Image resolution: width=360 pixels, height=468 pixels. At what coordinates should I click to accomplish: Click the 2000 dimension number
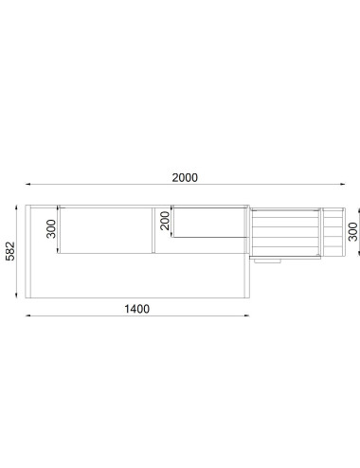pos(185,178)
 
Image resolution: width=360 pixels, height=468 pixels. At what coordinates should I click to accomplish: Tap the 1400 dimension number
pos(136,309)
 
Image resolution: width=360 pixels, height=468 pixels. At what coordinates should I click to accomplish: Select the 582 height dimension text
pos(10,251)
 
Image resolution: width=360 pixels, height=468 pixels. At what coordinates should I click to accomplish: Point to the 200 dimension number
pos(165,221)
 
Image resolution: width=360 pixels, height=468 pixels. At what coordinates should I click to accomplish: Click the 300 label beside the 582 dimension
pos(51,229)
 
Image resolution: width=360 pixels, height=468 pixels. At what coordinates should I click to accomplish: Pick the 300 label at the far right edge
pos(353,231)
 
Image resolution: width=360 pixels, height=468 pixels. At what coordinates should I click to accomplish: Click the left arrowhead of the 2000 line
pos(27,184)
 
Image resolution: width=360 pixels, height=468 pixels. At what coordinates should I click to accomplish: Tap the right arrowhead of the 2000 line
pos(342,184)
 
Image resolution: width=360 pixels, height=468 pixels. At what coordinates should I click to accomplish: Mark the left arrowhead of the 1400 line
pos(27,315)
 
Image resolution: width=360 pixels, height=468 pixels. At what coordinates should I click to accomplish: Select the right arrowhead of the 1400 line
pos(247,315)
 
